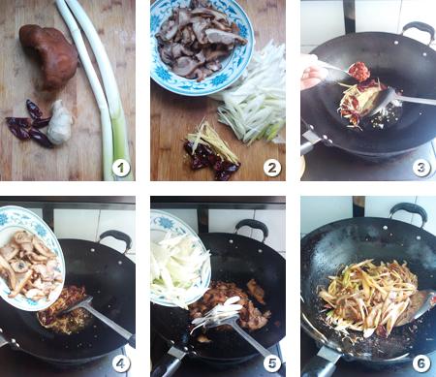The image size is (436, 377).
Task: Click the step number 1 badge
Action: [121, 168]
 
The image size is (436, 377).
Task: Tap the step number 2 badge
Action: [272, 168]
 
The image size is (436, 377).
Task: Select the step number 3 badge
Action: [421, 168]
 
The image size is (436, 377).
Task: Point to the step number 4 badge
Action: [121, 363]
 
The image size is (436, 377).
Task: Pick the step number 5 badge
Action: [272, 363]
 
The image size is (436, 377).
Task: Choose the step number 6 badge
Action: [421, 363]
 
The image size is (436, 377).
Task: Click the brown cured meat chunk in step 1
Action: [48, 56]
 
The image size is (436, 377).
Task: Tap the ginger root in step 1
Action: [60, 122]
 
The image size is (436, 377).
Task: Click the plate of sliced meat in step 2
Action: [202, 46]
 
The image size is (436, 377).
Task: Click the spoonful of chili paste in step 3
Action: [359, 71]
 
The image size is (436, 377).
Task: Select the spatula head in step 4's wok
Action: [77, 304]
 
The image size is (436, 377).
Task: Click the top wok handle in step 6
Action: [408, 212]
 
